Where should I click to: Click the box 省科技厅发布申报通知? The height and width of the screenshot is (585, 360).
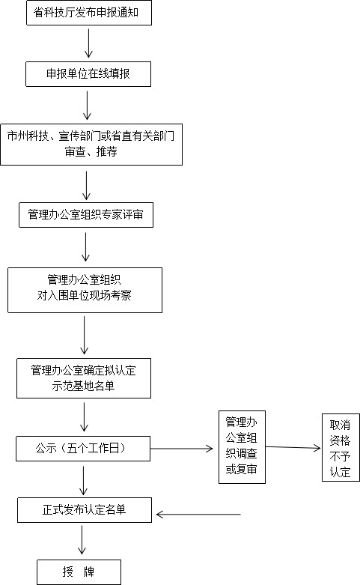pyautogui.click(x=89, y=13)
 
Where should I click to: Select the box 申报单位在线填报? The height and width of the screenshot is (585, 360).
pyautogui.click(x=88, y=74)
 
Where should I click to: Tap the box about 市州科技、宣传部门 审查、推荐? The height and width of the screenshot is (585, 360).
pyautogui.click(x=91, y=145)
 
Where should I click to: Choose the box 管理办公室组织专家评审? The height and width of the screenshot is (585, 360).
pyautogui.click(x=86, y=215)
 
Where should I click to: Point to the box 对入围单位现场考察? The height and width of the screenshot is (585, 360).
pyautogui.click(x=85, y=291)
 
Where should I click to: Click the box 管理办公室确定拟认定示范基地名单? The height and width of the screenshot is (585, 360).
pyautogui.click(x=84, y=378)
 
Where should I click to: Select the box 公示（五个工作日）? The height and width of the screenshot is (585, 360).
pyautogui.click(x=83, y=449)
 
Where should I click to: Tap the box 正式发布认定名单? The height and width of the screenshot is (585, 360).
pyautogui.click(x=85, y=510)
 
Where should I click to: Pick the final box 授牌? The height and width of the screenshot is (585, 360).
pyautogui.click(x=79, y=572)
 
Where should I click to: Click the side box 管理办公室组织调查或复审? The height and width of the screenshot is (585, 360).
pyautogui.click(x=242, y=447)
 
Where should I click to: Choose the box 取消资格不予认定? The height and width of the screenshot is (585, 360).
pyautogui.click(x=341, y=447)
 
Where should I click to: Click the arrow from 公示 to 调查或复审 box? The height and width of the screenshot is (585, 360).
pyautogui.click(x=181, y=449)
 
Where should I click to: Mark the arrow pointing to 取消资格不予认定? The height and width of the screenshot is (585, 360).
pyautogui.click(x=293, y=447)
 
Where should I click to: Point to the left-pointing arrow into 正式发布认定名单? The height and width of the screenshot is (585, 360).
pyautogui.click(x=198, y=515)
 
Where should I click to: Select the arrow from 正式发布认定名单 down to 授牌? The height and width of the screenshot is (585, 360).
pyautogui.click(x=82, y=539)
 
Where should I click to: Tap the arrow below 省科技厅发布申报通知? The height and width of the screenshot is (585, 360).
pyautogui.click(x=89, y=43)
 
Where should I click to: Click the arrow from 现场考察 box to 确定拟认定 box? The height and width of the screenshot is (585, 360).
pyautogui.click(x=85, y=335)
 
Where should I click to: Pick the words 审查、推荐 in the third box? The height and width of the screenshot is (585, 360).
pyautogui.click(x=91, y=152)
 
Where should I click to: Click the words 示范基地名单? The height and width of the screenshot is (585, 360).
pyautogui.click(x=84, y=387)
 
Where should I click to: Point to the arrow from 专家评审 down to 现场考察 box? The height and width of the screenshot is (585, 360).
pyautogui.click(x=86, y=246)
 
